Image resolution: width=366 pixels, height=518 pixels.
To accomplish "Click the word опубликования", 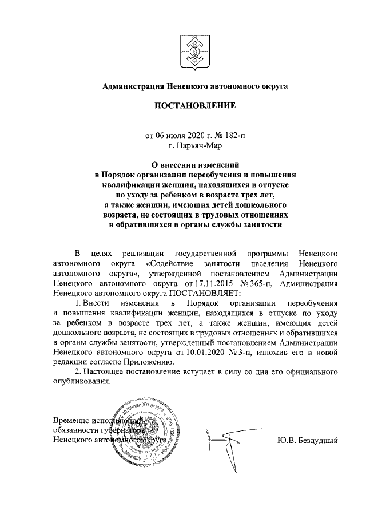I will [79, 381].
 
